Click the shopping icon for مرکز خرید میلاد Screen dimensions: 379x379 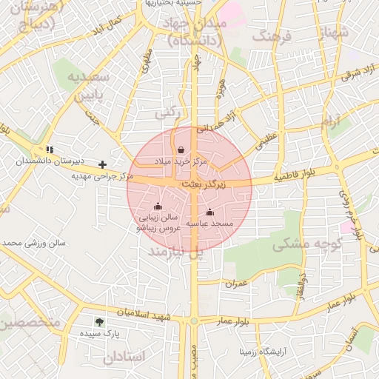tap(181, 150)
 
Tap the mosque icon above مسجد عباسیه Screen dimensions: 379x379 tap(209, 212)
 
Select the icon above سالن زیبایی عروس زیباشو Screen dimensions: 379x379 tap(157, 207)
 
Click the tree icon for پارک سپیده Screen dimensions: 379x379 tap(99, 322)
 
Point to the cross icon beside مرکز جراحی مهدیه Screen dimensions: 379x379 tap(102, 164)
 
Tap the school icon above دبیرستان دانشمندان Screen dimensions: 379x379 tap(49, 150)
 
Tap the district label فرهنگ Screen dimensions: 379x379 tap(272, 36)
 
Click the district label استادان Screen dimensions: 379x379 tap(127, 357)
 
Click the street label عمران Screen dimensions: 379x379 tap(235, 284)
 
